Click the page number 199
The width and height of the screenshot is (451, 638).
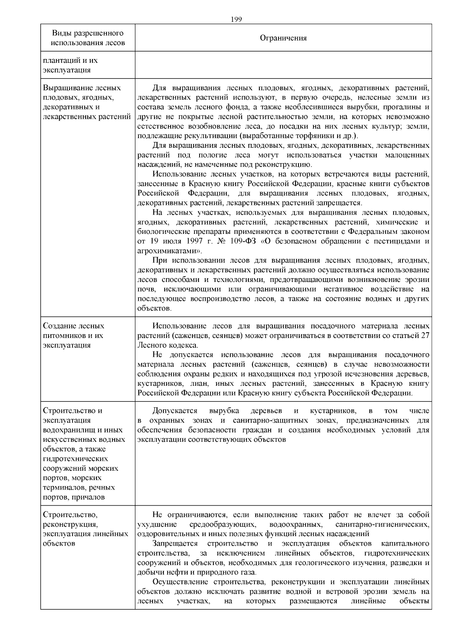(x=236, y=20)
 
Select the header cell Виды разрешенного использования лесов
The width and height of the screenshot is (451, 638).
(x=88, y=38)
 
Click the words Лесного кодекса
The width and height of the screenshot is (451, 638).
(x=167, y=345)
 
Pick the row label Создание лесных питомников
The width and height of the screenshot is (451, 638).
(x=73, y=331)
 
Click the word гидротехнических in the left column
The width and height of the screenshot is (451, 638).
(x=76, y=459)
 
